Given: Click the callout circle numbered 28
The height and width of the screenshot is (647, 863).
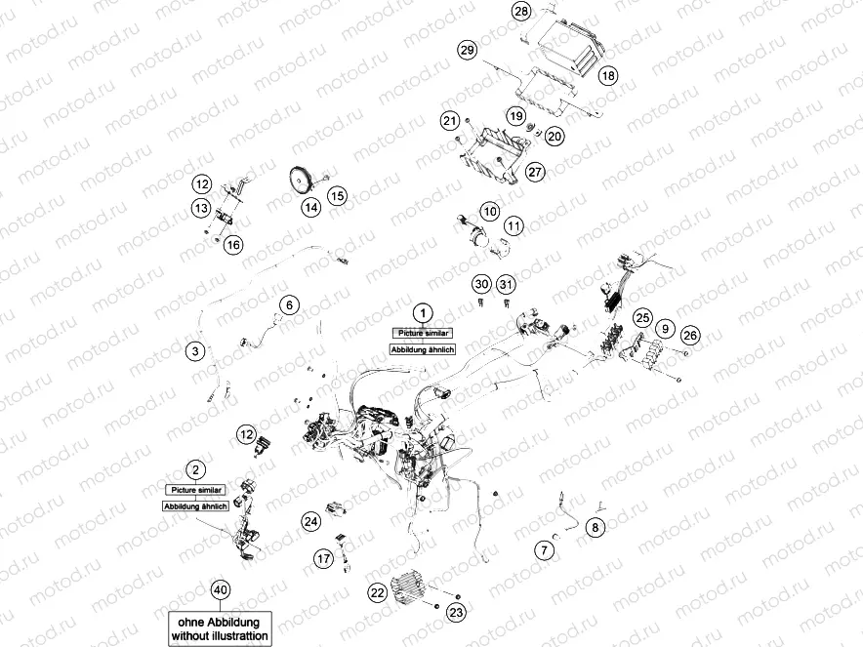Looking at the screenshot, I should [x=521, y=12].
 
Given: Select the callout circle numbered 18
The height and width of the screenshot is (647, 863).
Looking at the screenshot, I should [x=608, y=75].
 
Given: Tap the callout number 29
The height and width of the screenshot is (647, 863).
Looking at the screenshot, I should [x=467, y=50].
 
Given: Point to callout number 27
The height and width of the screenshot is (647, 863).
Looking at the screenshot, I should [x=534, y=171].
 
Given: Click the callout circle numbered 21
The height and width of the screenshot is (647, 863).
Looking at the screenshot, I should [x=449, y=121].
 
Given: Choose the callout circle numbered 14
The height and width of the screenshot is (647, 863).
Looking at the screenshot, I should [x=310, y=207].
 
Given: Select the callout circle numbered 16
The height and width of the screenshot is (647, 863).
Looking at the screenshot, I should [x=232, y=245].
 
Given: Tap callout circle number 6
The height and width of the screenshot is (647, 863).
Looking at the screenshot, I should [x=288, y=305].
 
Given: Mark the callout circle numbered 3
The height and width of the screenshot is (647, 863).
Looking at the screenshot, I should [x=194, y=350].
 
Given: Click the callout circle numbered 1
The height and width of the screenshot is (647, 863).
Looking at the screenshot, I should [x=422, y=312].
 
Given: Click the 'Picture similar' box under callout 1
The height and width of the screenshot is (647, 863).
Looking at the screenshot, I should [x=423, y=333].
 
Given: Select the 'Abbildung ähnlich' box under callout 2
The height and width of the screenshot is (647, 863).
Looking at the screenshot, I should [x=195, y=506].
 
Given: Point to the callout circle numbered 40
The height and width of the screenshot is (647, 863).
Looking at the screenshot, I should [x=221, y=590].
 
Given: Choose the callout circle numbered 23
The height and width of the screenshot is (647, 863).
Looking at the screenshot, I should [x=456, y=612].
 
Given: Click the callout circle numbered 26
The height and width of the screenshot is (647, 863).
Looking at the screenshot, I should [x=690, y=336].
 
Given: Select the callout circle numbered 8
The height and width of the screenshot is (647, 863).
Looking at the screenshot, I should [x=596, y=528].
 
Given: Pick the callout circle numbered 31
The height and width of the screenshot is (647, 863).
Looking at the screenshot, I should [x=505, y=284].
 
